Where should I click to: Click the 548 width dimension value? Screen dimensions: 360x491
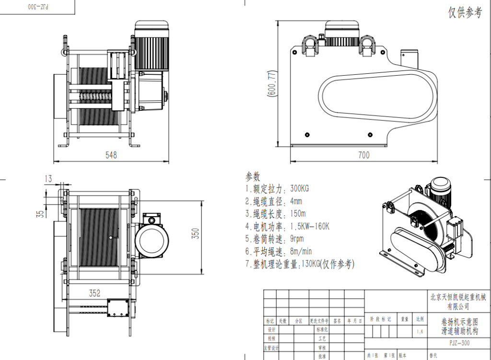[x=111, y=155]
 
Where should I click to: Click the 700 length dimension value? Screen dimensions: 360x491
[x=364, y=155]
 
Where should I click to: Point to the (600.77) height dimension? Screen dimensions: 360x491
[x=272, y=84]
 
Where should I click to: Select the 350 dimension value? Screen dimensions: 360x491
[x=196, y=233]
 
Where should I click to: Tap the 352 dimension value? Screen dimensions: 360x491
[x=95, y=292]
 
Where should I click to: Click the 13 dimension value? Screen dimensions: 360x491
[x=48, y=179]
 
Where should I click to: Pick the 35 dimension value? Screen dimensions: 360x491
[x=40, y=213]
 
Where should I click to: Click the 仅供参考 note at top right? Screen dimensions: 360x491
[x=465, y=13]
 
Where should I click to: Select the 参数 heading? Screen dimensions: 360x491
[x=256, y=176]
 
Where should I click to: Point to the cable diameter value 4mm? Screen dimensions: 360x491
[x=296, y=201]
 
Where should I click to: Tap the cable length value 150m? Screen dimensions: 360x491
[x=298, y=213]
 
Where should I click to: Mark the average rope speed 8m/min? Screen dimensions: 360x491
[x=301, y=251]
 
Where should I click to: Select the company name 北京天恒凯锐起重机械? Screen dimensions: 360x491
[x=459, y=297]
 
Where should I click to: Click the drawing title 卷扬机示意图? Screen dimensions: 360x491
[x=459, y=322]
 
